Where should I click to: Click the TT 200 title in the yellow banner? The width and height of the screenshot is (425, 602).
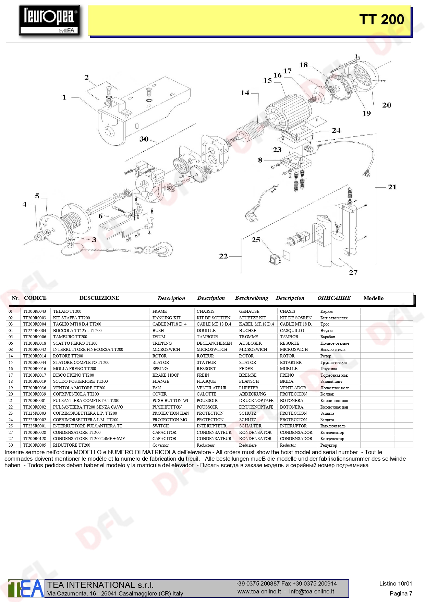coord(381,20)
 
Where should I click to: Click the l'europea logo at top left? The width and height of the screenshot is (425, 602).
coord(50,20)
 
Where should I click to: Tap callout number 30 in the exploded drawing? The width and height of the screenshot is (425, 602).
coord(144,139)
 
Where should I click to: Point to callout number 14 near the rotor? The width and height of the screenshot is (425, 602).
coord(245,93)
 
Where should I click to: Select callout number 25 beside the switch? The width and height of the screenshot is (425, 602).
coord(256,240)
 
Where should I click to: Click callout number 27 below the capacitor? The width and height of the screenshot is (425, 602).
coord(353,273)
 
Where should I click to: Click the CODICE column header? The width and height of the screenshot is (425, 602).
coord(35,298)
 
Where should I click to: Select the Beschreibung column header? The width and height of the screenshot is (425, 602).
coord(252,298)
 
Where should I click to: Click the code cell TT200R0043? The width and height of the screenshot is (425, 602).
coord(34,311)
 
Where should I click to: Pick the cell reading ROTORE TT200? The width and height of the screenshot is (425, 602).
coord(68,356)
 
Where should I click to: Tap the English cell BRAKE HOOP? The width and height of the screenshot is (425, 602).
coord(166,375)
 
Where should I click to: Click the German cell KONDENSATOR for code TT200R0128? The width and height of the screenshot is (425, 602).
coord(255,439)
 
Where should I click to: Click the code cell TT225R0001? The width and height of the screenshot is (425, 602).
coord(34,426)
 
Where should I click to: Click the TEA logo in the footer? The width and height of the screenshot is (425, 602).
coord(26,589)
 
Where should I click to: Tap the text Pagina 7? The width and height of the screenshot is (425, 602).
coord(401,593)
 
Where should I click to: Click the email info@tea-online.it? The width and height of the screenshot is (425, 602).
coord(311,591)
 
